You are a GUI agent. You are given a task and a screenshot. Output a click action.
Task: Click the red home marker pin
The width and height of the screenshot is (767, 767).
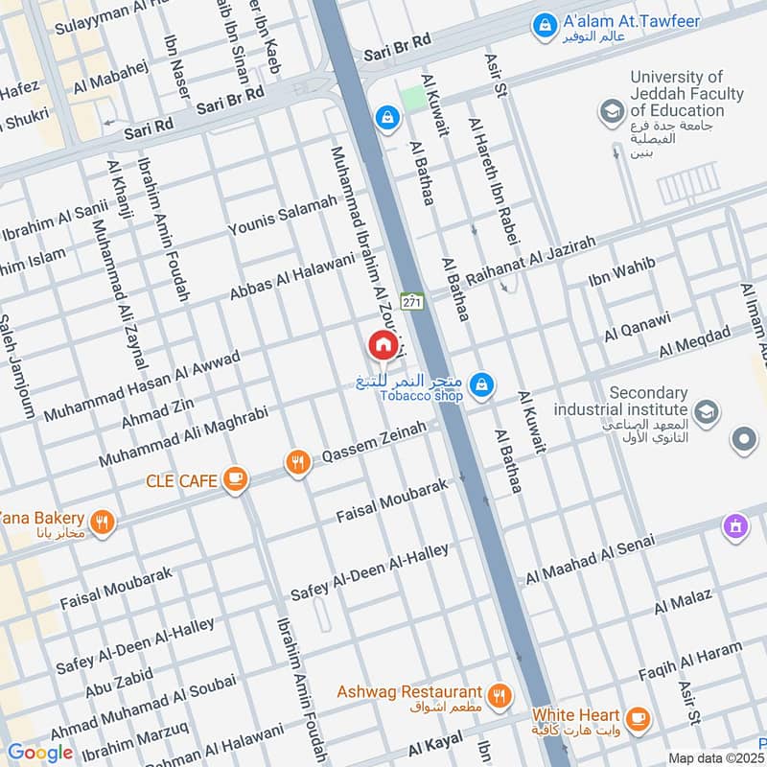[382, 344]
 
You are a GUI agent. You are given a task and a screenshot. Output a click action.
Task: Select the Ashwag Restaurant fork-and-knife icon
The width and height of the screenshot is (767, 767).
[498, 696]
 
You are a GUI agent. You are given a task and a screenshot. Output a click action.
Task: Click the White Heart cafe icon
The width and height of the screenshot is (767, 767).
[636, 717]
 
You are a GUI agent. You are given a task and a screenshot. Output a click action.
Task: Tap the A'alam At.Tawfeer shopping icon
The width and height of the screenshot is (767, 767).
[544, 22]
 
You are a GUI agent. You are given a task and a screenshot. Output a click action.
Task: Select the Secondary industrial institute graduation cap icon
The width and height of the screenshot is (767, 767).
[706, 412]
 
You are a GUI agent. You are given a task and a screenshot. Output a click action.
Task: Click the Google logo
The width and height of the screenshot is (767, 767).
[40, 753]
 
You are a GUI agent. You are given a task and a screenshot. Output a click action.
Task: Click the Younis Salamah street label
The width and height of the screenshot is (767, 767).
[283, 216]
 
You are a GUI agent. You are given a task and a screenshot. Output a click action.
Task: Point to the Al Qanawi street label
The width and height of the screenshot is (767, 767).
[638, 326]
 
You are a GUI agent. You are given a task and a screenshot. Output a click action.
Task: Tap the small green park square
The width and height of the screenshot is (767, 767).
[413, 98]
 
